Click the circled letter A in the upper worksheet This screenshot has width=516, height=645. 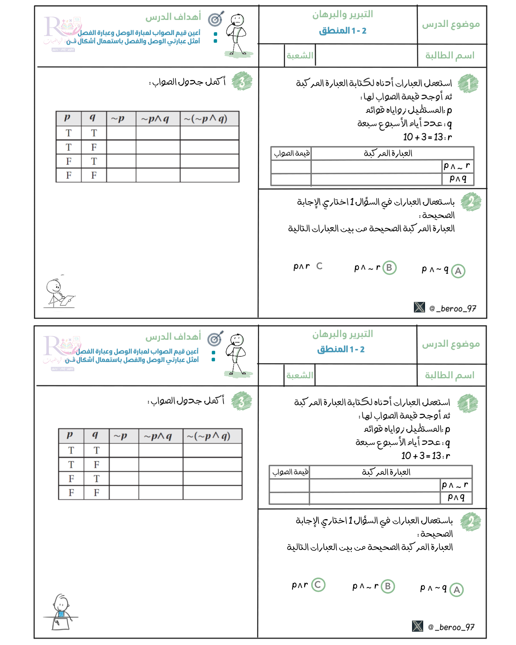[458, 271]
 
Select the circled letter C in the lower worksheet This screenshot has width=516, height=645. [318, 585]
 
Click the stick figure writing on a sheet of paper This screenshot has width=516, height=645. [59, 293]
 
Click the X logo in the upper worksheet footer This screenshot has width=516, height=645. [419, 307]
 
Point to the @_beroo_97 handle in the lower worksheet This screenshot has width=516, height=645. [451, 627]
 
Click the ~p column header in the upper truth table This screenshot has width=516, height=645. [118, 118]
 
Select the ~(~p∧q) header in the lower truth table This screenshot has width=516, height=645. [208, 436]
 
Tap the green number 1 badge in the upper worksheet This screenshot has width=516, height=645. [468, 84]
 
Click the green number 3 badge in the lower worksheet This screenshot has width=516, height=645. [242, 401]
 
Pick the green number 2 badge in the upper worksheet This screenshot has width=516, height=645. [471, 202]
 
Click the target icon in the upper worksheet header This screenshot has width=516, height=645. [216, 19]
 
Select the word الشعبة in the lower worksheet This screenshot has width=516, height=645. [299, 376]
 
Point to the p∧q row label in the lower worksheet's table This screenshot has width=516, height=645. [456, 497]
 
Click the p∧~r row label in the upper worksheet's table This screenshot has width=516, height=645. [457, 166]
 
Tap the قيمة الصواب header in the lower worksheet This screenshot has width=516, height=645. [290, 472]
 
